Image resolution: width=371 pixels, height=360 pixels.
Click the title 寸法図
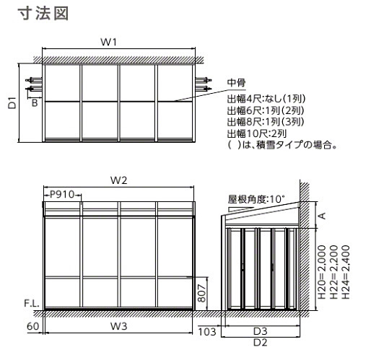tap(43, 13)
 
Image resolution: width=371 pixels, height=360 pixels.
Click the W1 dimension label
tap(108, 42)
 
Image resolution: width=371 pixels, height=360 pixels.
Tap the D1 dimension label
tap(12, 102)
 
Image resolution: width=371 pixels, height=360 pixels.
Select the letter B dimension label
tap(35, 103)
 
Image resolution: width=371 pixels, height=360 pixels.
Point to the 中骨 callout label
tap(237, 82)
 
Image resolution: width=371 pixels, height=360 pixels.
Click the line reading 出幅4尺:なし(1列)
tap(266, 98)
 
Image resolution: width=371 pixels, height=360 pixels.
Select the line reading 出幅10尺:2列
tap(257, 133)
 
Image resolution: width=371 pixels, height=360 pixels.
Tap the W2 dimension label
tap(118, 180)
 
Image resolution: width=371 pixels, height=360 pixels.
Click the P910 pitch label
tap(62, 194)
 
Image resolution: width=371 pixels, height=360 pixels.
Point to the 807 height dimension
tap(201, 293)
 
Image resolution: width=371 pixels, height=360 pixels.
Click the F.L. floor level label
tap(32, 303)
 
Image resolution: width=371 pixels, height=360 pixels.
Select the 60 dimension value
tap(32, 326)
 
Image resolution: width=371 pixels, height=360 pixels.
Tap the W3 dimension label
tap(118, 326)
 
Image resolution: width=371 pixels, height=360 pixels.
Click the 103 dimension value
tap(207, 332)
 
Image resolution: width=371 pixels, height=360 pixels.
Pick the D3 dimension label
tap(261, 331)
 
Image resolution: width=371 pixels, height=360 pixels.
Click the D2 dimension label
tap(261, 343)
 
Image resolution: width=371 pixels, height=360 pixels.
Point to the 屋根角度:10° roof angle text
tap(256, 199)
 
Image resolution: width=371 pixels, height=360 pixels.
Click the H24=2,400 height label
tap(346, 272)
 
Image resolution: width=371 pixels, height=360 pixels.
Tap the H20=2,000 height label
tap(322, 272)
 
